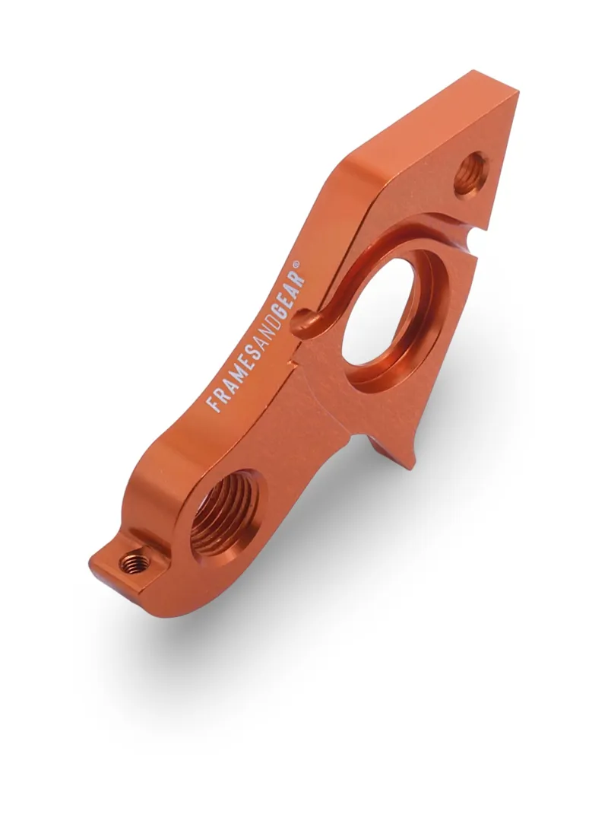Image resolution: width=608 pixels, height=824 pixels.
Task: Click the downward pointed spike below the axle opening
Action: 410,461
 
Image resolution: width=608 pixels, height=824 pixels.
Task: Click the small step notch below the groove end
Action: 291,364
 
